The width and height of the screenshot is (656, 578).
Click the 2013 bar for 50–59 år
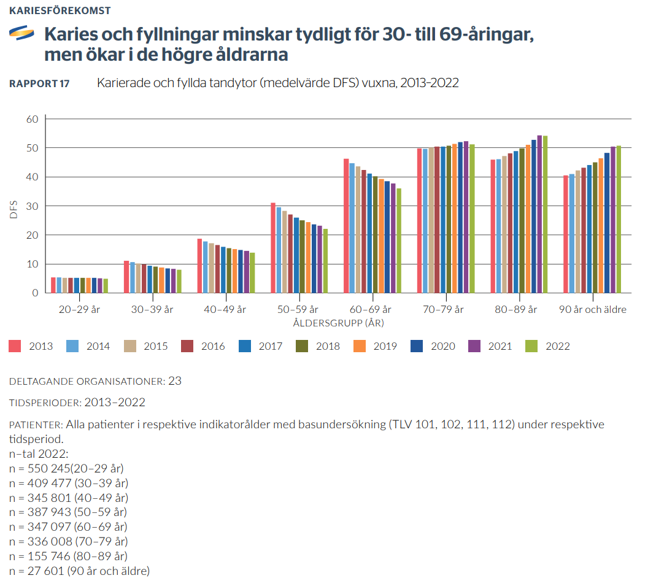click(273, 248)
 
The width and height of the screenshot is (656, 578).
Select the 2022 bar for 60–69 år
click(399, 241)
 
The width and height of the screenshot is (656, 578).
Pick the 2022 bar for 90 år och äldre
click(619, 219)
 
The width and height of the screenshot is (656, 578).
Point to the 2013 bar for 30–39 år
click(126, 277)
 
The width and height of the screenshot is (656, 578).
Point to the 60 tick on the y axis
click(32, 119)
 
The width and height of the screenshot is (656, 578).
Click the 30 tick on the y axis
click(32, 206)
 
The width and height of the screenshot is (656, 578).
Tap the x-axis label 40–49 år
click(225, 310)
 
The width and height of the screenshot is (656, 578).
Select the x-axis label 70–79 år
click(444, 310)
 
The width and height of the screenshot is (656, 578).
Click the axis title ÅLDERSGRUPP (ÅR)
click(334, 322)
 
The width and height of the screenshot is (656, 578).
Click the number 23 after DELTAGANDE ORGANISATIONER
click(175, 381)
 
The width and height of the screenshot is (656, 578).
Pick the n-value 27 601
click(42, 571)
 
